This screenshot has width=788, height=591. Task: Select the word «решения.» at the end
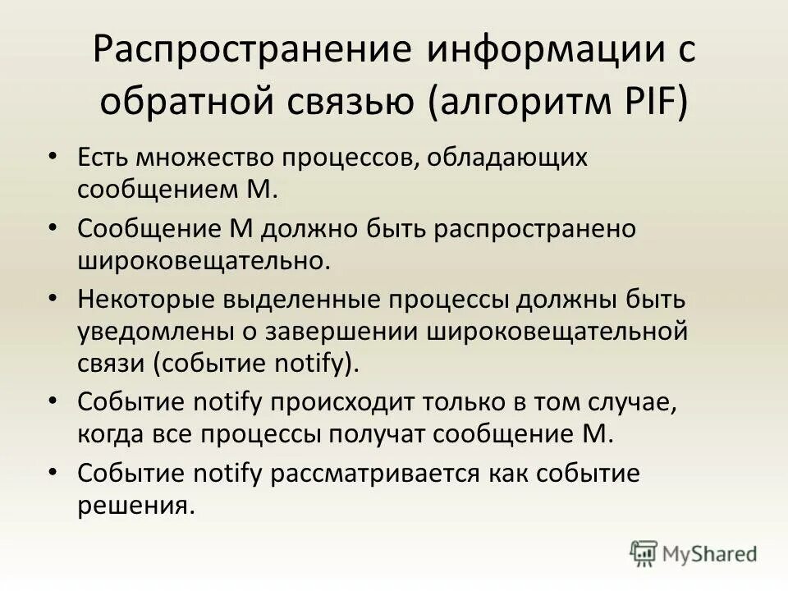136,505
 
